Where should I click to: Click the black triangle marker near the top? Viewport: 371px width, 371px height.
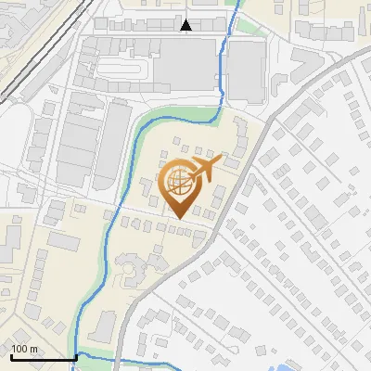[x=186, y=25]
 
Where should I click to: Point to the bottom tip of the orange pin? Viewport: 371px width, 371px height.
[x=178, y=219]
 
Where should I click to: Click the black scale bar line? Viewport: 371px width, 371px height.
[x=42, y=357]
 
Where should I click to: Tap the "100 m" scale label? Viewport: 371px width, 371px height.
[x=25, y=349]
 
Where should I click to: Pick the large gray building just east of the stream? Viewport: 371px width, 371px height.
[x=246, y=70]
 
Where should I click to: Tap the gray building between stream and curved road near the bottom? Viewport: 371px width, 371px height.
[x=104, y=325]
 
